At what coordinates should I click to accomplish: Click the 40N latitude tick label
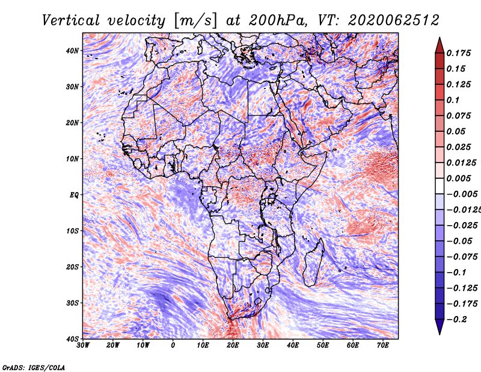[x=72, y=51]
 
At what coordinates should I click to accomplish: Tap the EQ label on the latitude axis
[x=74, y=195]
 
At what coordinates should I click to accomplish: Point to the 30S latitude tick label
[x=72, y=303]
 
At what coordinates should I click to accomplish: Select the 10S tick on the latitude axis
[x=72, y=231]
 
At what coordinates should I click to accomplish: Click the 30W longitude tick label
[x=83, y=346]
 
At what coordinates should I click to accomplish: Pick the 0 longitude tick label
[x=173, y=346]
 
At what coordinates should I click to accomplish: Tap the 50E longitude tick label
[x=323, y=346]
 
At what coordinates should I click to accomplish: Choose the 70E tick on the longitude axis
[x=383, y=346]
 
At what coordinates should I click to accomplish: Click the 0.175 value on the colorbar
[x=459, y=53]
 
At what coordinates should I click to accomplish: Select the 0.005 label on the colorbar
[x=459, y=178]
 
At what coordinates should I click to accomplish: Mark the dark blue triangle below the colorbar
[x=440, y=326]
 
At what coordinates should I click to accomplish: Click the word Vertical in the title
[x=71, y=20]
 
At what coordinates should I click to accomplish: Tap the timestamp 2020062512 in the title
[x=394, y=20]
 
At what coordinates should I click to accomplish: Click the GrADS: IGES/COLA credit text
[x=34, y=367]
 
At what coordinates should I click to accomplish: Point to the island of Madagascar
[x=314, y=262]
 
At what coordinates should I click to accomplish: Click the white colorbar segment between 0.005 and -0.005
[x=440, y=186]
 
